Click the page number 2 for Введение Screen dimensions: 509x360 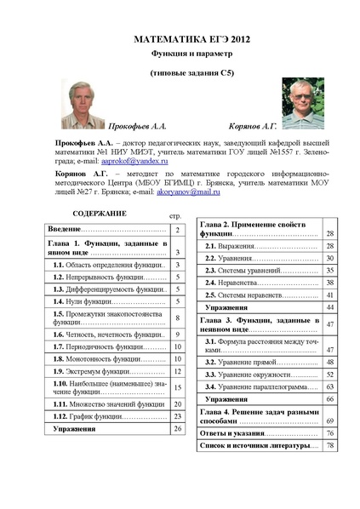(x=177, y=231)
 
